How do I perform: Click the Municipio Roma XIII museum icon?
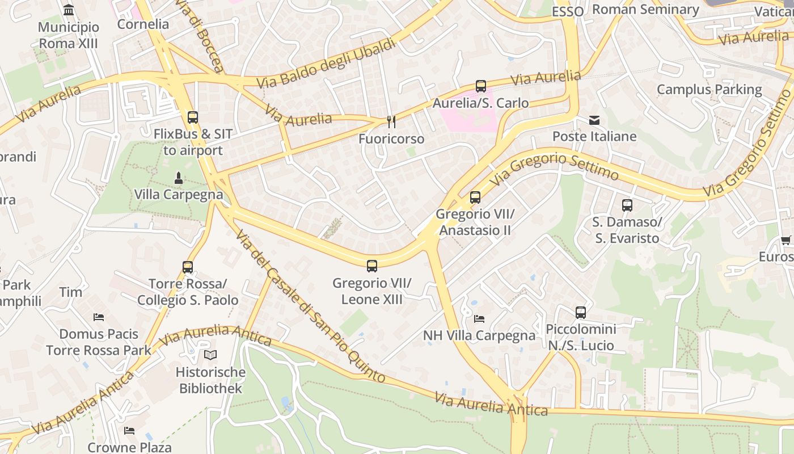tap(69, 10)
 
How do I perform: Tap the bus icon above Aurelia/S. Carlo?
tap(481, 86)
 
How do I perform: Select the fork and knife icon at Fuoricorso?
tap(391, 121)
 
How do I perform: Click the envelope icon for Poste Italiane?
tap(594, 120)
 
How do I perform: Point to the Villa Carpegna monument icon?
tap(179, 178)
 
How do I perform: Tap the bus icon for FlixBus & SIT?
tap(193, 117)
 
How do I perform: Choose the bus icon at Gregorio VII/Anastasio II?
tap(475, 197)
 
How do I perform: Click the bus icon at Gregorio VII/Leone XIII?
tap(372, 266)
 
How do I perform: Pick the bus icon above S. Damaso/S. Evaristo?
tap(627, 205)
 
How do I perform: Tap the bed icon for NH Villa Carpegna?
tap(479, 319)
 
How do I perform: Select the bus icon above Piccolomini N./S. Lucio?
tap(581, 312)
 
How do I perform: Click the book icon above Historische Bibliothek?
tap(210, 355)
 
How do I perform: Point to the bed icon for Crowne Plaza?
tap(129, 431)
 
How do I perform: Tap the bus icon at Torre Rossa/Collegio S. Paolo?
tap(188, 267)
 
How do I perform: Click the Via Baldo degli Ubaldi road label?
tap(326, 63)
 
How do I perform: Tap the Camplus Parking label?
tap(709, 89)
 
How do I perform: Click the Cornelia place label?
tap(143, 24)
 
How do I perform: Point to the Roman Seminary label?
tap(645, 9)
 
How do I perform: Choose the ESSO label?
tap(567, 11)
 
